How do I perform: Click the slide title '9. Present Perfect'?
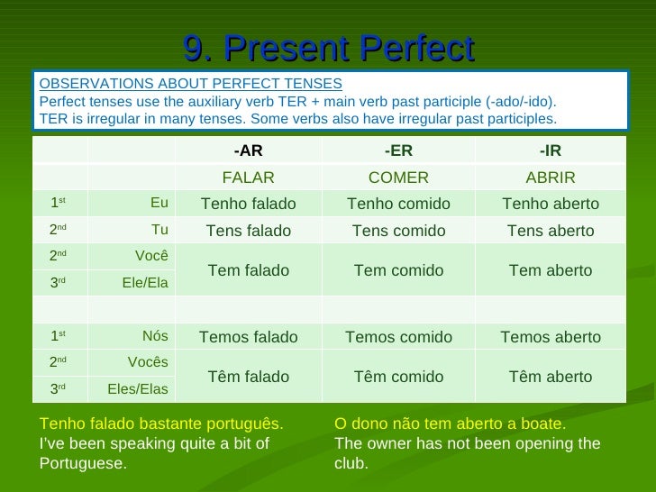click(329, 48)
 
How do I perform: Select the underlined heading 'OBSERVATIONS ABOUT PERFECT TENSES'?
click(190, 84)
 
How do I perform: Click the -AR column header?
click(248, 150)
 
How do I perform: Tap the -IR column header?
click(550, 150)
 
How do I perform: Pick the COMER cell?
click(398, 178)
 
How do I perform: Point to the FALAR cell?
click(248, 178)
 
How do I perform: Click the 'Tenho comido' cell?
click(398, 204)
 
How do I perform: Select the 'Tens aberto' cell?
click(550, 231)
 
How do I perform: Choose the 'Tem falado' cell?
click(248, 270)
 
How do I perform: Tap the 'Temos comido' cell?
click(398, 337)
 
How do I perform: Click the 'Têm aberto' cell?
click(550, 377)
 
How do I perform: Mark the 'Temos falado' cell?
click(248, 337)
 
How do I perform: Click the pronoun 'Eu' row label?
click(159, 203)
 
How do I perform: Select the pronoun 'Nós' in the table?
click(155, 336)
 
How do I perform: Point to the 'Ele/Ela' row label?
click(145, 283)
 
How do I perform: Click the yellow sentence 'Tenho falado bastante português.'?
click(161, 424)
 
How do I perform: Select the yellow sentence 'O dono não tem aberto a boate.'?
click(450, 424)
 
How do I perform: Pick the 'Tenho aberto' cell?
click(550, 204)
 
